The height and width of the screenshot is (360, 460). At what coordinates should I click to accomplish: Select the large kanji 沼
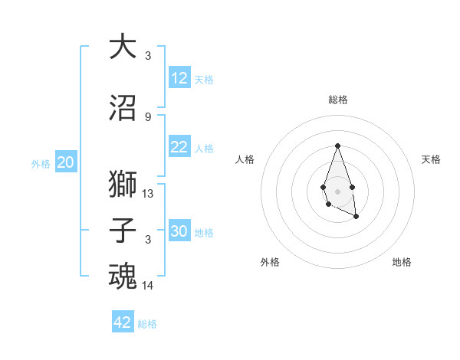[x=123, y=107]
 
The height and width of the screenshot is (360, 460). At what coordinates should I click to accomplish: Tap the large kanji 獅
[x=123, y=185]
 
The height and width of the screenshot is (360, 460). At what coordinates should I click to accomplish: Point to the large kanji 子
[x=123, y=230]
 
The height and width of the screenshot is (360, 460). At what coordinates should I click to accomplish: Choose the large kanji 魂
[x=123, y=276]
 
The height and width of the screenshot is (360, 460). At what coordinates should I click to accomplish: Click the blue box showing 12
[x=179, y=78]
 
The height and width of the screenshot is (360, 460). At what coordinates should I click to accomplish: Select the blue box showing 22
[x=179, y=148]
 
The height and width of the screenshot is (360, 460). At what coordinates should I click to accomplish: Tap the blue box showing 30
[x=179, y=231]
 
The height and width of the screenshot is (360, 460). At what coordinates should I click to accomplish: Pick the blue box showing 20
[x=66, y=162]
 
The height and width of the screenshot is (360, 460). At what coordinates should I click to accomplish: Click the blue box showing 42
[x=123, y=322]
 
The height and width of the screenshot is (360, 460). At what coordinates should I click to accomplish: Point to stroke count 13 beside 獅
[x=148, y=194]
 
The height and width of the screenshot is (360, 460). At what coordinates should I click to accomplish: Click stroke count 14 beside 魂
[x=148, y=286]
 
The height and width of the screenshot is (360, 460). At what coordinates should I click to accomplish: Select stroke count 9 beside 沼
[x=148, y=116]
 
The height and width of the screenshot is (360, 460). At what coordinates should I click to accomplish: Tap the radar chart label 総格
[x=337, y=100]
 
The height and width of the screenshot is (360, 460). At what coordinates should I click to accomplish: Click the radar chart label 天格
[x=431, y=159]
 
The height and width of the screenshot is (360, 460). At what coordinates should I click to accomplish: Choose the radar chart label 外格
[x=270, y=262]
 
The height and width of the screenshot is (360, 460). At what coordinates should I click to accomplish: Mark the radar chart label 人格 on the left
[x=245, y=159]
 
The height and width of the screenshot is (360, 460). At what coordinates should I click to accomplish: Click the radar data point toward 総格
[x=337, y=146]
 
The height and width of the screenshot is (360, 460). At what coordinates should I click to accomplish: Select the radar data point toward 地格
[x=356, y=217]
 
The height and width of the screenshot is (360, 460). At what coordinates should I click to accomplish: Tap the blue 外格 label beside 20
[x=41, y=163]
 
